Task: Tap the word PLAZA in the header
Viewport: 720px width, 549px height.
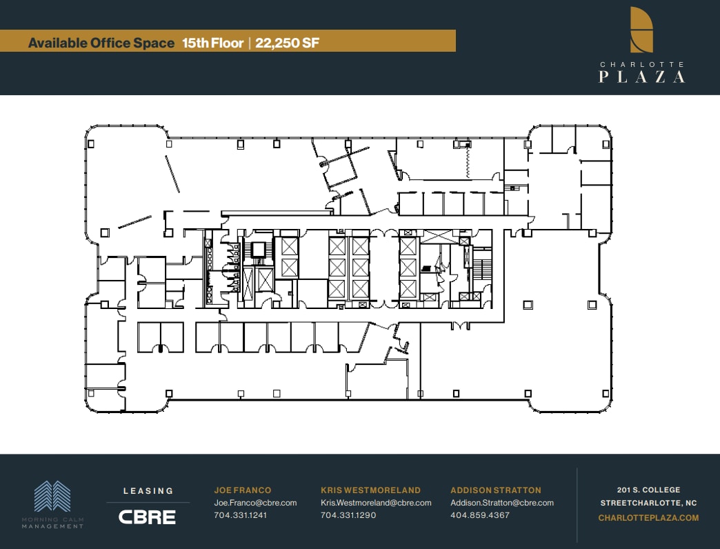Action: point(641,76)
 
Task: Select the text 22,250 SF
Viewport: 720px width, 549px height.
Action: point(287,43)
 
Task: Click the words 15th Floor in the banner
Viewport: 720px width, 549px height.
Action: point(212,43)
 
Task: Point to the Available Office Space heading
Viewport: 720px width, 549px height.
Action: point(101,43)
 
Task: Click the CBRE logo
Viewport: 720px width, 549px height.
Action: point(148,517)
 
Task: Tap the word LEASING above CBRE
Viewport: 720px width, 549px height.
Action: point(148,491)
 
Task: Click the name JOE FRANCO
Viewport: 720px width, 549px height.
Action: point(242,490)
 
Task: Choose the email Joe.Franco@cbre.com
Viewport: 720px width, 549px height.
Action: point(255,503)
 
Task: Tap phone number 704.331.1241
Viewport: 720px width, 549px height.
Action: point(240,515)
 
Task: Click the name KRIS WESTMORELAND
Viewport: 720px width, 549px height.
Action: point(370,490)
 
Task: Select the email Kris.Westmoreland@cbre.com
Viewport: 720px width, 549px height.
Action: point(376,503)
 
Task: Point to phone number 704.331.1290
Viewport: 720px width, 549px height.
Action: point(348,515)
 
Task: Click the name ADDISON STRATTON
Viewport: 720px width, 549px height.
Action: point(496,490)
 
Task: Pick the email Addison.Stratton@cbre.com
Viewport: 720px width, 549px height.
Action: point(502,503)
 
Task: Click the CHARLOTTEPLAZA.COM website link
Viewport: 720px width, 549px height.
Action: point(648,518)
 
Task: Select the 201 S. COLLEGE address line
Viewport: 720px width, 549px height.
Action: point(648,490)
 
